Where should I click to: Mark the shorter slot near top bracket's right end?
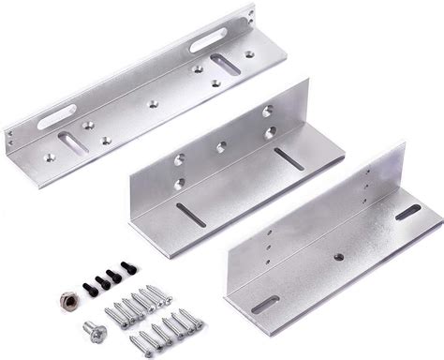tap(225, 67)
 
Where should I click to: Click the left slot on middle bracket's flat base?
tap(190, 214)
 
